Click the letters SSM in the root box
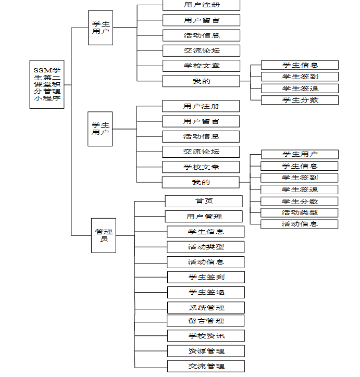click(x=43, y=70)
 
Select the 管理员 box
click(x=104, y=235)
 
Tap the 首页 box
click(x=204, y=201)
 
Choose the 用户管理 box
click(x=204, y=217)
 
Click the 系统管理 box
click(x=206, y=308)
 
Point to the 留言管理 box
click(x=206, y=320)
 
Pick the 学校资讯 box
click(x=206, y=336)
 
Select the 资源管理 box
click(x=206, y=351)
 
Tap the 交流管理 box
click(x=206, y=366)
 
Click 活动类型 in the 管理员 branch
click(x=206, y=247)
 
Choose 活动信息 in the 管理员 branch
click(x=206, y=262)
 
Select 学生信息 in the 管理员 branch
click(x=206, y=232)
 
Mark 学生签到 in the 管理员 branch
click(x=206, y=277)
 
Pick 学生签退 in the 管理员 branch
click(x=206, y=292)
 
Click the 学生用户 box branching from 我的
click(x=300, y=154)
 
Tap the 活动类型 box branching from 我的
click(x=300, y=213)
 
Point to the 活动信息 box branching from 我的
click(x=300, y=224)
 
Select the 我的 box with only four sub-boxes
click(x=201, y=81)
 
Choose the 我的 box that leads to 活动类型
click(x=201, y=182)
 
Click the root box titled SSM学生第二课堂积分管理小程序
click(x=47, y=84)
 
